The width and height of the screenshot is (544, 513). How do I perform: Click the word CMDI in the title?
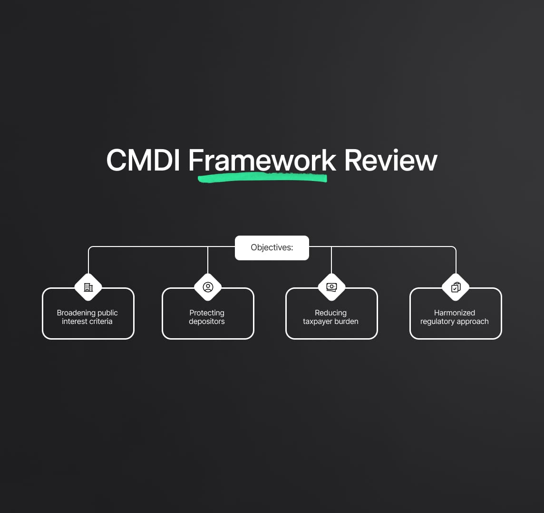point(143,160)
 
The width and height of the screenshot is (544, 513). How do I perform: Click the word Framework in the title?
point(262,160)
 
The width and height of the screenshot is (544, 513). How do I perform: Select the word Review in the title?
point(390,160)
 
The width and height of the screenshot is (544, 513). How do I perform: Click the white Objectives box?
point(272,248)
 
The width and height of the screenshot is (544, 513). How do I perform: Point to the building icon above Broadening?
point(88,287)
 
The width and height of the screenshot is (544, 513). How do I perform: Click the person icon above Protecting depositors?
point(208,287)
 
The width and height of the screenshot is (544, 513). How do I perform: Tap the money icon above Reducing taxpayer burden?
point(331,287)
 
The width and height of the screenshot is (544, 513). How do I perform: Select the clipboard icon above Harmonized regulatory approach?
point(456,287)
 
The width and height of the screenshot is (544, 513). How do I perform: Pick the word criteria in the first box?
point(99,322)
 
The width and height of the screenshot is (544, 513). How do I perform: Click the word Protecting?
point(207,313)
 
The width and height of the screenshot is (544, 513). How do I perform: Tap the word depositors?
point(207,322)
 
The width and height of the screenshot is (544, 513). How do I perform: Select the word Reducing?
point(330,313)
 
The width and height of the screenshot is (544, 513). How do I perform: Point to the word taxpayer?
point(318,322)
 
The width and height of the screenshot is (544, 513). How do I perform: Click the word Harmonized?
point(455,313)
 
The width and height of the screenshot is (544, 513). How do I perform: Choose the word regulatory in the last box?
point(437,322)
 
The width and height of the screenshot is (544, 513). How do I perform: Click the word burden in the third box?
point(347,322)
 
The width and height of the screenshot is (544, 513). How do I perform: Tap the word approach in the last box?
point(473,322)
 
